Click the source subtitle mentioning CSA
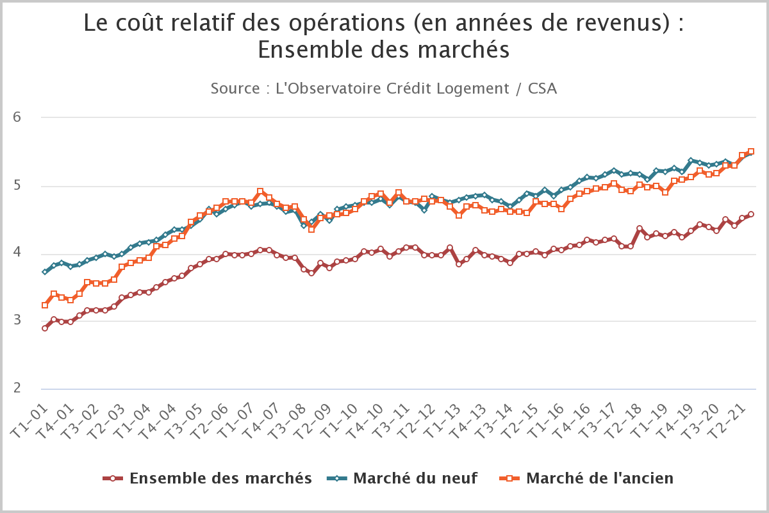[x=383, y=88]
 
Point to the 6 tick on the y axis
[x=18, y=117]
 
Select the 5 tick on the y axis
[x=18, y=186]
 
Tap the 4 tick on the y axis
[x=18, y=253]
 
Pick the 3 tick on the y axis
[x=18, y=321]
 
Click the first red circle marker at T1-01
[x=45, y=328]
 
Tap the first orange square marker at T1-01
[x=45, y=305]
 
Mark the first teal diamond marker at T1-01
[x=45, y=272]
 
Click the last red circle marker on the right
[x=751, y=214]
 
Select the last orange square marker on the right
[x=751, y=152]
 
